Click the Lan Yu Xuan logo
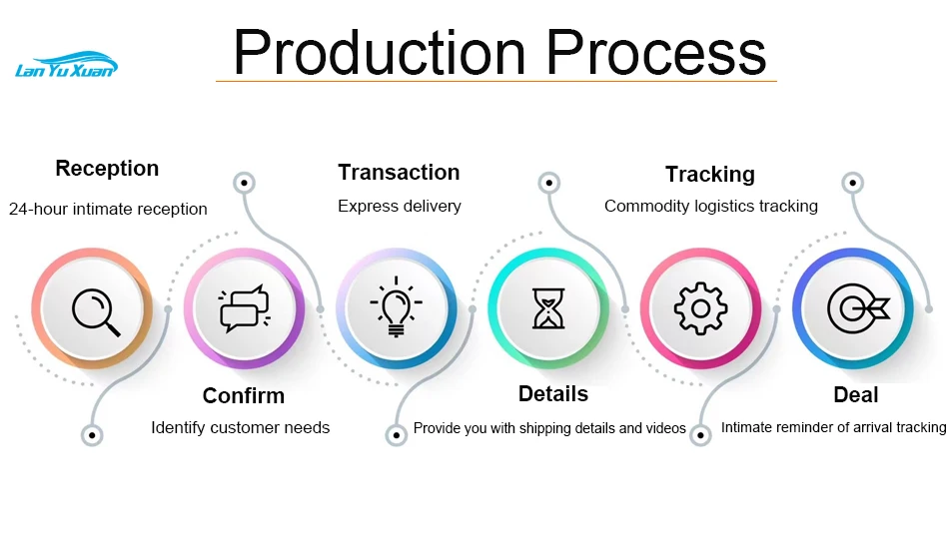pos(67,65)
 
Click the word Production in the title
pos(380,53)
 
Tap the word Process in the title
pos(656,53)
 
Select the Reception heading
pos(107,168)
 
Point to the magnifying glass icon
pos(96,312)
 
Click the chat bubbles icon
pos(245,308)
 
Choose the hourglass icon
pos(548,308)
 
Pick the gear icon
pos(701,308)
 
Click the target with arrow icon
pos(858,308)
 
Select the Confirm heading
pos(244,395)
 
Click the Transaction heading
pos(399,173)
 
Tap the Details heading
pos(553,393)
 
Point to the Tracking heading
pos(710,174)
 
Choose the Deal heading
pos(856,395)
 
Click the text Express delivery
pos(400,207)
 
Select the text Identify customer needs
pos(241,427)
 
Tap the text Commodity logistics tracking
pos(711,207)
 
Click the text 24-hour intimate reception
pos(108,210)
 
